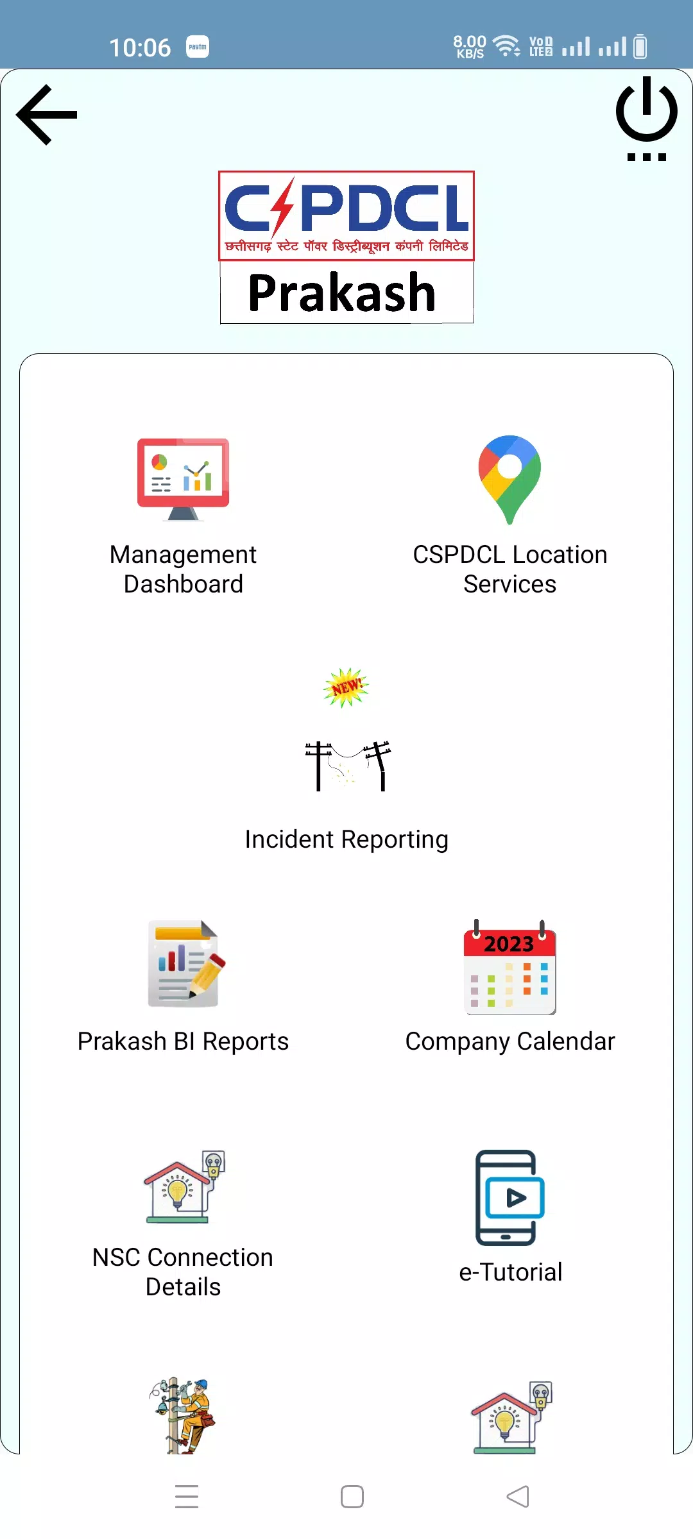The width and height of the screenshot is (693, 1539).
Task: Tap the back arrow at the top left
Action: tap(46, 115)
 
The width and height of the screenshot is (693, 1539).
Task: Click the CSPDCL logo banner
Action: tap(346, 215)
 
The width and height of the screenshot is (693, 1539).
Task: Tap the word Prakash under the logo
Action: tap(342, 292)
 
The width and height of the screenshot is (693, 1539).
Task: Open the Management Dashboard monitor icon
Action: tap(183, 479)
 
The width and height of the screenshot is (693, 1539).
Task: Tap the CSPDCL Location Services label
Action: tap(510, 569)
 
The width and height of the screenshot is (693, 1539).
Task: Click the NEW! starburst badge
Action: tap(346, 687)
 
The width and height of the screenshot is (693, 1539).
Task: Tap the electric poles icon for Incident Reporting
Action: tap(347, 766)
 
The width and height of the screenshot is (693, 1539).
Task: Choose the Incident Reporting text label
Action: tap(346, 839)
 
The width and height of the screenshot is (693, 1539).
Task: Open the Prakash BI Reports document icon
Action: tap(186, 964)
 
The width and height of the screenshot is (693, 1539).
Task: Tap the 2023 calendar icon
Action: tap(510, 967)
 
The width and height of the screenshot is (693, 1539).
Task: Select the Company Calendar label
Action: tap(510, 1042)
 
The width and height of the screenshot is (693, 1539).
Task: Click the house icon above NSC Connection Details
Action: tap(184, 1187)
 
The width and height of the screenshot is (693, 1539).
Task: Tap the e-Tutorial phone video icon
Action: tap(510, 1197)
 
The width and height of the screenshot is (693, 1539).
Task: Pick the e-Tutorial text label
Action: tap(511, 1272)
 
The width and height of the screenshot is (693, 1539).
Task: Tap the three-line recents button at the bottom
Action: tap(187, 1496)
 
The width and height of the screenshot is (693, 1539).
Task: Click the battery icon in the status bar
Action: tap(640, 46)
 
